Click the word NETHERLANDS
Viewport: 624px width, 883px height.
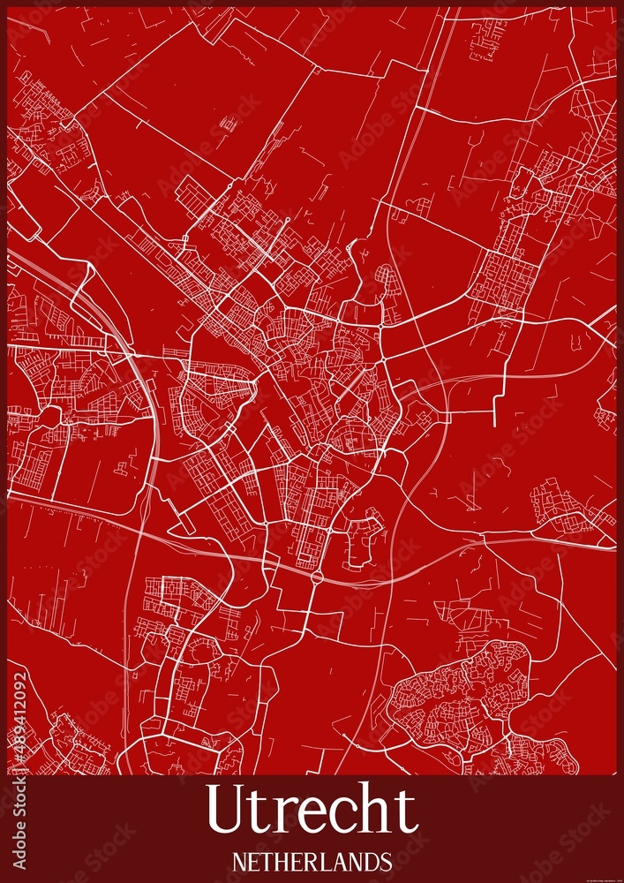(312, 861)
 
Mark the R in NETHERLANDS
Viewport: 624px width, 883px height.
(312, 861)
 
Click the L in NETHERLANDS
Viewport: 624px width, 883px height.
(327, 861)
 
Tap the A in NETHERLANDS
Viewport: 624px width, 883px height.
(342, 861)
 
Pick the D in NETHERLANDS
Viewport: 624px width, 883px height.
(372, 861)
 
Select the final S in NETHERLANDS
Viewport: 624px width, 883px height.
(387, 861)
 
